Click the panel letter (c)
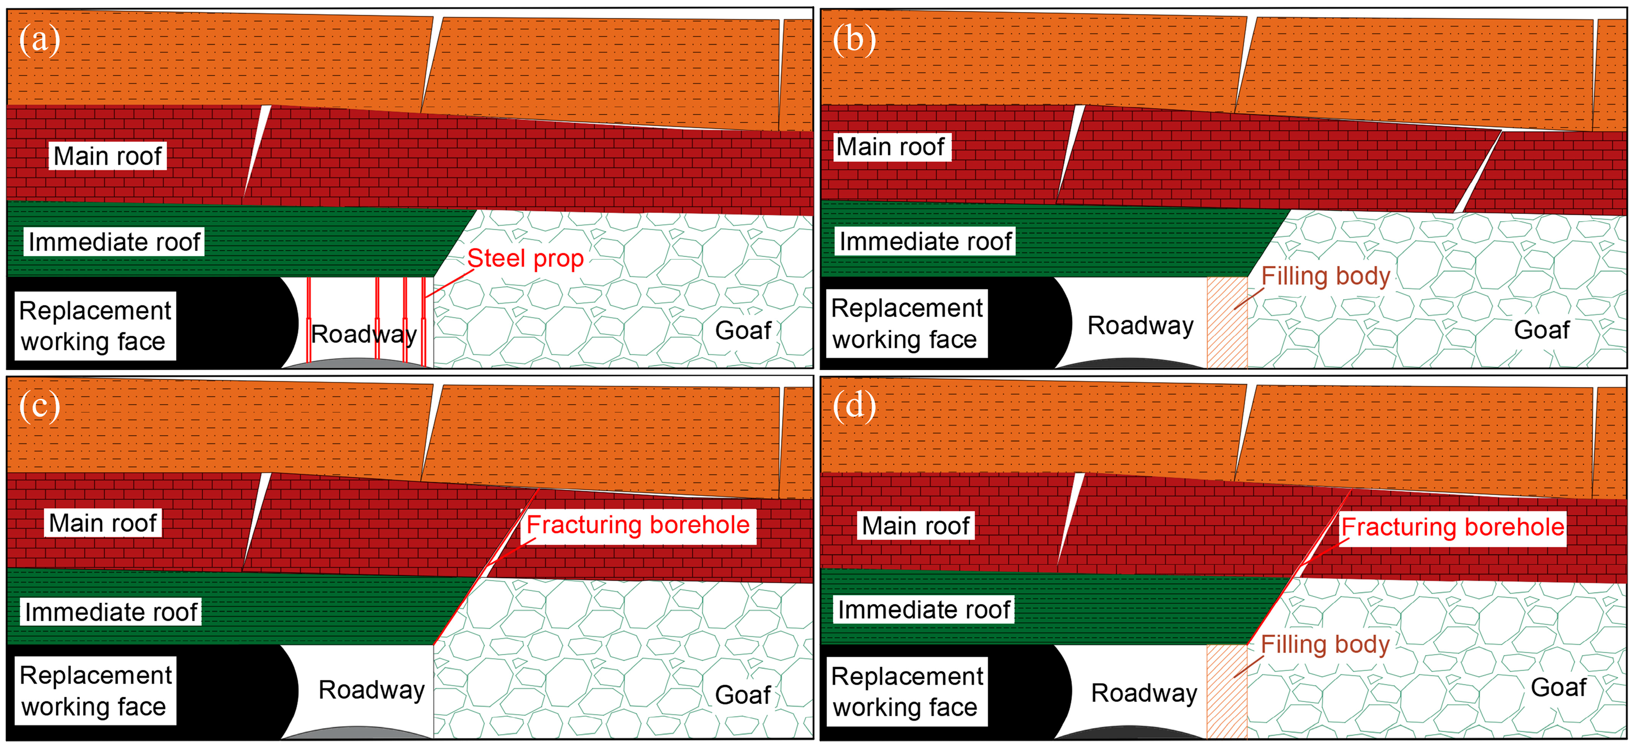pyautogui.click(x=39, y=406)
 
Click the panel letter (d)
pyautogui.click(x=854, y=406)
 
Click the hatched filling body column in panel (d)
pyautogui.click(x=1227, y=691)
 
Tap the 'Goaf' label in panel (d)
pyautogui.click(x=1558, y=688)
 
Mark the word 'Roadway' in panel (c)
pyautogui.click(x=371, y=690)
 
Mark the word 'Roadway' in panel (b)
pyautogui.click(x=1140, y=325)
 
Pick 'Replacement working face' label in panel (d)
pyautogui.click(x=907, y=691)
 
